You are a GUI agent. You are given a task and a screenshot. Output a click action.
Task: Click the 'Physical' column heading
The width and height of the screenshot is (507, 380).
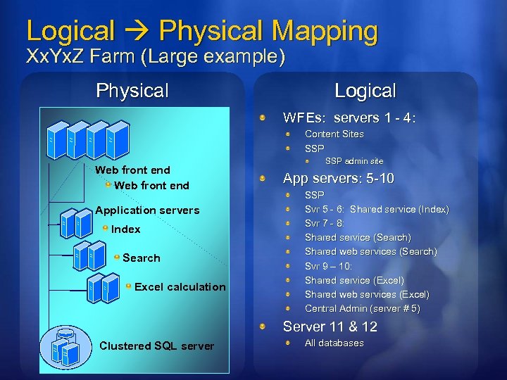[x=132, y=91]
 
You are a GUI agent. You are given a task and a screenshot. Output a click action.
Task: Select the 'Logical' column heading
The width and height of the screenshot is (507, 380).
[x=365, y=91]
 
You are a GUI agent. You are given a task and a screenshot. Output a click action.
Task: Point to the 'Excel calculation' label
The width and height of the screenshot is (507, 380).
[x=180, y=286]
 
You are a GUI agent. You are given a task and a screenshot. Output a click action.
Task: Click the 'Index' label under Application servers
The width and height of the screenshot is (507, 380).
[x=126, y=229]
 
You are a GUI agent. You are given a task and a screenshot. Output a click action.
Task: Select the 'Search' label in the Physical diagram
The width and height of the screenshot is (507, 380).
[x=141, y=258]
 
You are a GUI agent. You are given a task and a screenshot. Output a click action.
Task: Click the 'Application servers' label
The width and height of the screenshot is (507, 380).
[x=147, y=210]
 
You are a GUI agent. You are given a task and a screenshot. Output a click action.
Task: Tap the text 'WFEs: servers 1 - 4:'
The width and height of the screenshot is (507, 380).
[x=349, y=118]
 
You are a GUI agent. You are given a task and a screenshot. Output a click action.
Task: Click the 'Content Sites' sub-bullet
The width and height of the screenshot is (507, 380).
[x=334, y=134]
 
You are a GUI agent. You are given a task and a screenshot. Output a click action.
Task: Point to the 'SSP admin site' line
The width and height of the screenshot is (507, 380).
[x=354, y=161]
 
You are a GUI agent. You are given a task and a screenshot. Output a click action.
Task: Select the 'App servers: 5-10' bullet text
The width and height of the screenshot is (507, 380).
[x=338, y=179]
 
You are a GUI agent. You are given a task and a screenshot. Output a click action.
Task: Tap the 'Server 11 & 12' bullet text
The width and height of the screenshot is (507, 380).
[x=330, y=327]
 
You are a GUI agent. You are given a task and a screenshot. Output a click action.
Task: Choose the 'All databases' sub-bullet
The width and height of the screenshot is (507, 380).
[x=334, y=343]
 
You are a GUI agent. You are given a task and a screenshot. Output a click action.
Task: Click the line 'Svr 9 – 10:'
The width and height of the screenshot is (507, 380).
[x=328, y=266]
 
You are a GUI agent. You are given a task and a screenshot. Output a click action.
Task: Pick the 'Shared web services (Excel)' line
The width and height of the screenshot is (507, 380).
[x=367, y=294]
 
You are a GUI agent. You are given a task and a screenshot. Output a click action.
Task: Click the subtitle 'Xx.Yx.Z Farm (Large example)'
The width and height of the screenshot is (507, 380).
[x=155, y=56]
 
